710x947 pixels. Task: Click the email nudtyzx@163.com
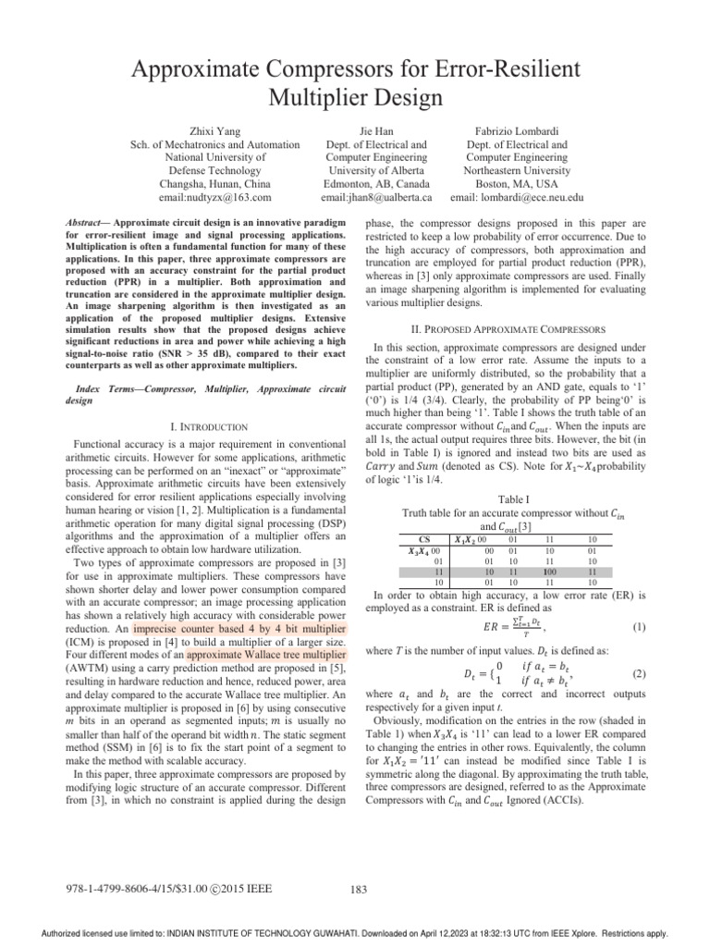pos(214,197)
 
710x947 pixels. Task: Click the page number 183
pos(361,890)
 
